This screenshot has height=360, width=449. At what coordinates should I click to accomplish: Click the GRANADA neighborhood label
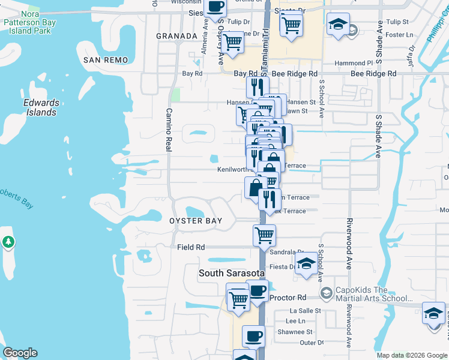[x=176, y=36]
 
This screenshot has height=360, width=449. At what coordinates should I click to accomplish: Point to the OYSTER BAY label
[x=196, y=221]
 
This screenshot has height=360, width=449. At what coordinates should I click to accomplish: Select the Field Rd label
[x=191, y=247]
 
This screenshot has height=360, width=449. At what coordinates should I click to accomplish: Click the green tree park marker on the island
[x=8, y=242]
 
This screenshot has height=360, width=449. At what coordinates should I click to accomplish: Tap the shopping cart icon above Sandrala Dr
[x=264, y=235]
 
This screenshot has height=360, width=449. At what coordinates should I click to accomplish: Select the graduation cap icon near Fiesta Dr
[x=306, y=264]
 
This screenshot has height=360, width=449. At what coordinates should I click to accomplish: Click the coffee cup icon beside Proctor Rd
[x=258, y=292]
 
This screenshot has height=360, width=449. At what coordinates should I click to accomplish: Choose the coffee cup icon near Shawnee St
[x=253, y=335]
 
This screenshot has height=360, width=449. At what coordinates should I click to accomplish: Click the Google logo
[x=20, y=353]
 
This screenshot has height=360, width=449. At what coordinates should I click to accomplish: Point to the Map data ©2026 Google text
[x=411, y=355]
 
